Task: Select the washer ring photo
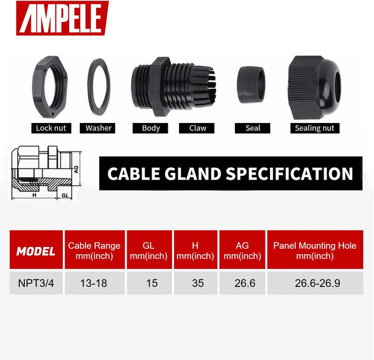pos(99,87)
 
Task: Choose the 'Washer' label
pos(99,128)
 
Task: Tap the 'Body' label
pos(151,128)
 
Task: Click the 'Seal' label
pos(253,128)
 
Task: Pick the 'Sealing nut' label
pos(315,128)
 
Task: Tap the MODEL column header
pos(36,251)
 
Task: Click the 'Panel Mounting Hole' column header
pos(315,251)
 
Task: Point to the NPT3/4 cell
pos(36,283)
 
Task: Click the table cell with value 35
pos(198,283)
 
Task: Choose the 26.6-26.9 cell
pos(315,283)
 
